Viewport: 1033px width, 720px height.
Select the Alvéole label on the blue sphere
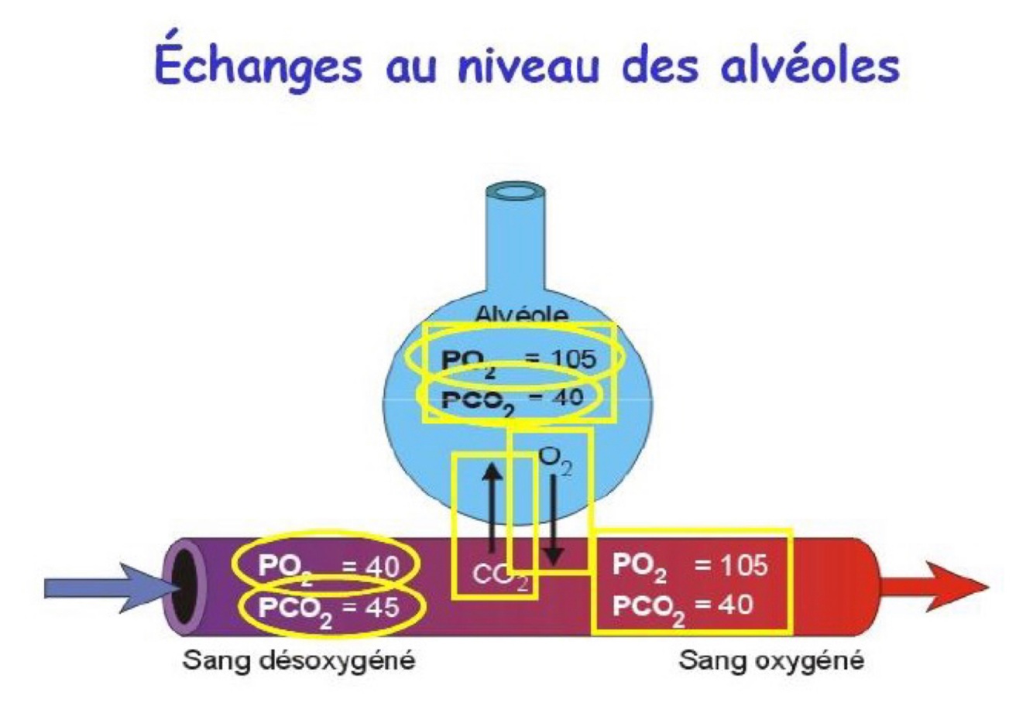coord(520,315)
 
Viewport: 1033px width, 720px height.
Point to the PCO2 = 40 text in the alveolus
coord(511,399)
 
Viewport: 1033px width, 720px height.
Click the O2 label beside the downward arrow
coord(554,460)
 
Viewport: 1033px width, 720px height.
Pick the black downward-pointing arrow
coord(553,519)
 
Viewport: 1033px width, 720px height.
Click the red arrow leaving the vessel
coord(933,586)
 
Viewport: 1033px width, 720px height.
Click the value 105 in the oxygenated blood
coord(743,565)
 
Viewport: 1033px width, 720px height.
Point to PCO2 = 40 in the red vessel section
coord(682,605)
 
